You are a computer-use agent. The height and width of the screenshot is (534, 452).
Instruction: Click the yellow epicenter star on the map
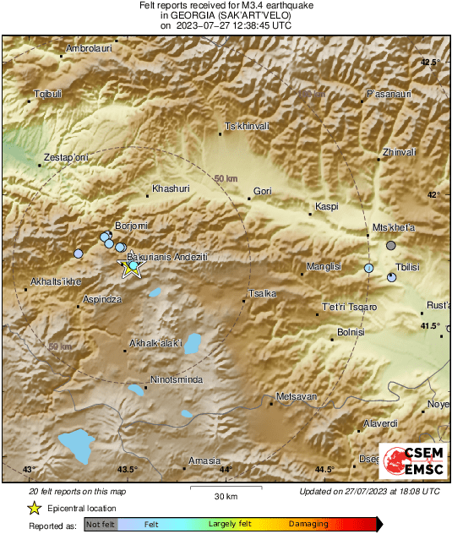click(131, 270)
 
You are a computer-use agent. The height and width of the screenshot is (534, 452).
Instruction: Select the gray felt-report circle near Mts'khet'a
click(390, 245)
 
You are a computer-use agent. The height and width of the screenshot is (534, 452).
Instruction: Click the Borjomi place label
click(131, 226)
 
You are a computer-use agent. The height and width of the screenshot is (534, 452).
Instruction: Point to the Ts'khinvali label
click(246, 126)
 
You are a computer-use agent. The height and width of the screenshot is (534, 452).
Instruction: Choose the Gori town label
click(262, 191)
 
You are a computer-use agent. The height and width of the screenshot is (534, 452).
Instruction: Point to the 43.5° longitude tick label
click(127, 470)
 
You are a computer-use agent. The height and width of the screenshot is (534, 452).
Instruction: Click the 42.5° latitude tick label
click(431, 63)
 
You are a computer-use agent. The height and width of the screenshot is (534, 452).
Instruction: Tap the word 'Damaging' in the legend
click(308, 524)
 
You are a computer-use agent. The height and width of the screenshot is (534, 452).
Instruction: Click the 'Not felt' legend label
click(101, 524)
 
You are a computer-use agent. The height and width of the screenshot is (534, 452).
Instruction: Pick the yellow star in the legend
click(35, 508)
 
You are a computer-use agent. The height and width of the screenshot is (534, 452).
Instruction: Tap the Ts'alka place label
click(261, 293)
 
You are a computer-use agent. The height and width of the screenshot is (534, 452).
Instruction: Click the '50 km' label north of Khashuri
click(226, 179)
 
